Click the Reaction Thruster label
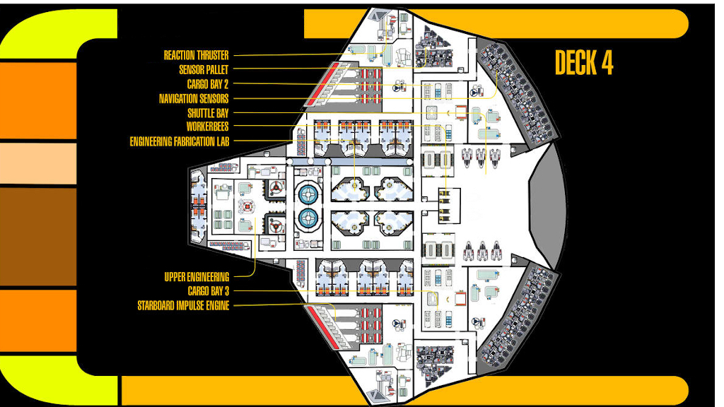[196, 55]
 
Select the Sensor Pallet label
[204, 70]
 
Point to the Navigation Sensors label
[194, 99]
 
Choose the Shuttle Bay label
[208, 113]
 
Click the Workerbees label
[207, 126]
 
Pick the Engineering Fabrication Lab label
[179, 141]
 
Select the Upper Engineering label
[197, 277]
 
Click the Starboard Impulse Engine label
[183, 305]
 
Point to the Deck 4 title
[583, 64]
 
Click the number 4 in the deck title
[606, 64]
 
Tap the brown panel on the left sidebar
[38, 236]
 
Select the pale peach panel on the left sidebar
[38, 163]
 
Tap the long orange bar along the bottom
[403, 389]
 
